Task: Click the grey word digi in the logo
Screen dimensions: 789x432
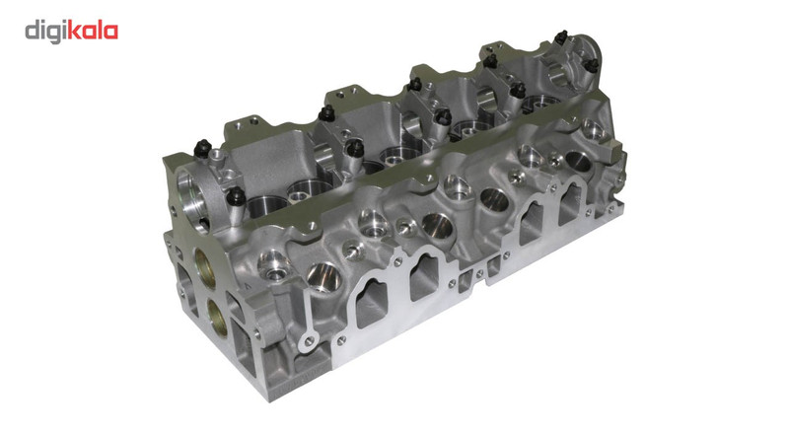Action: [x=45, y=32]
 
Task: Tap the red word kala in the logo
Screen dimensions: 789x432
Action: [x=93, y=31]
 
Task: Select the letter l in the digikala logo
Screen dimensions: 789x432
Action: [x=99, y=31]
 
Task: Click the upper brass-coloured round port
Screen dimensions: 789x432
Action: [x=205, y=268]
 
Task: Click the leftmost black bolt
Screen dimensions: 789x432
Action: [x=202, y=148]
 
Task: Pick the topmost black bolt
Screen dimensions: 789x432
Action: [x=561, y=37]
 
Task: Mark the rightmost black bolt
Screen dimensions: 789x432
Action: [x=593, y=65]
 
